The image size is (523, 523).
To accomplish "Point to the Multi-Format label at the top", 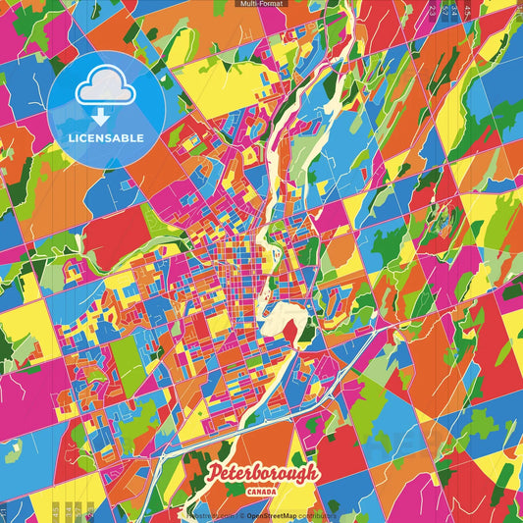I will click(x=260, y=4).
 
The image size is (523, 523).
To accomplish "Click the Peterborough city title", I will click(x=263, y=475).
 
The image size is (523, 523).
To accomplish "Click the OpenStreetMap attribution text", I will click(x=275, y=514).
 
